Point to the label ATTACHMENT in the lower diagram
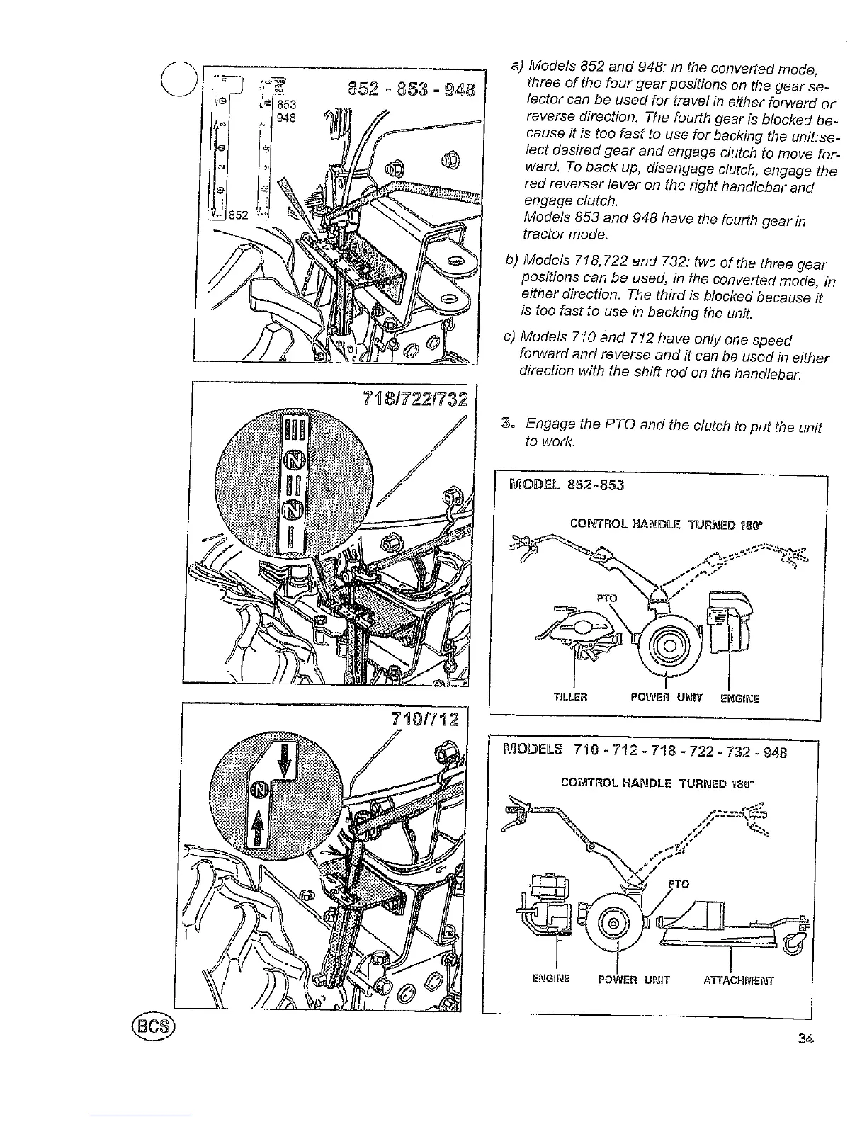click(x=738, y=981)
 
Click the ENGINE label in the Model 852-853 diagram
click(x=739, y=697)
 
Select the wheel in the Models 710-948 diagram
click(x=615, y=926)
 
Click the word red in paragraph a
click(x=539, y=186)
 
